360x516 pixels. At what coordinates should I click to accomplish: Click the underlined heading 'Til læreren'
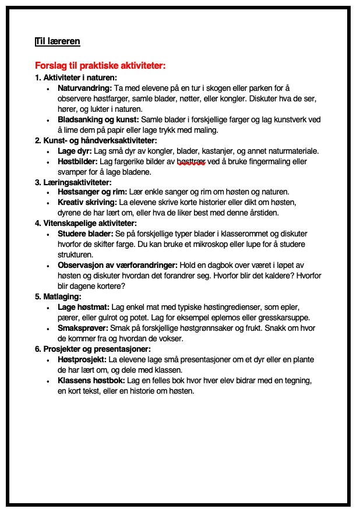58,41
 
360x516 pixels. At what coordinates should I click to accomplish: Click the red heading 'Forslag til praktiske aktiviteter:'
100,66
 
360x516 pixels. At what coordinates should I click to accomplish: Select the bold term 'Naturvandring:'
84,88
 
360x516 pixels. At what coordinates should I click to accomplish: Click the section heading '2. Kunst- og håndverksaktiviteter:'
96,140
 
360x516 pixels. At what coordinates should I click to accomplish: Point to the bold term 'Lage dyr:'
75,151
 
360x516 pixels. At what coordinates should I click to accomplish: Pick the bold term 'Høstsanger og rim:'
92,192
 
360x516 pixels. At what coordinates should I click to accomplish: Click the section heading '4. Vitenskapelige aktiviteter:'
86,223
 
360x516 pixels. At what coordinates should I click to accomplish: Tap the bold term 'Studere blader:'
86,234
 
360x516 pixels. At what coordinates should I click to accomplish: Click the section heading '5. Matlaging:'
58,296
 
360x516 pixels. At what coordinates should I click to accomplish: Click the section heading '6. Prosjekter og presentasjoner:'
93,349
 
